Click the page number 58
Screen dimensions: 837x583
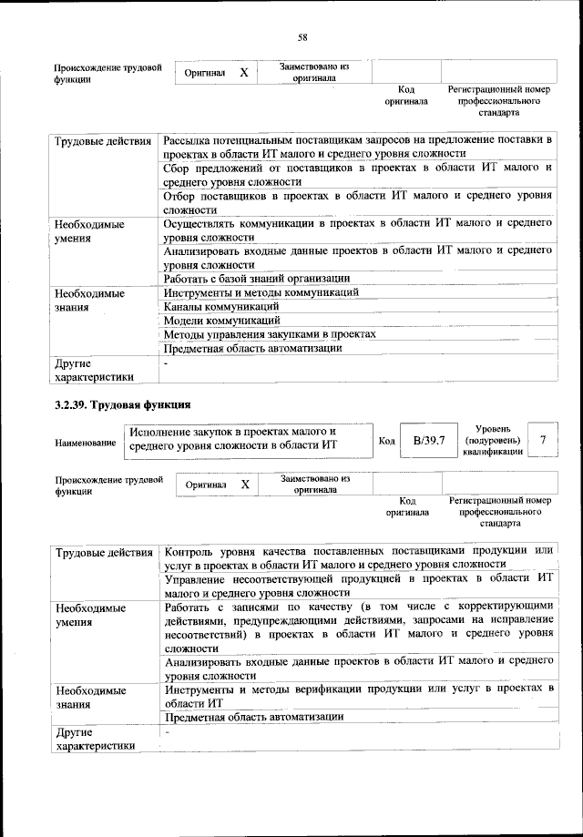tap(302, 37)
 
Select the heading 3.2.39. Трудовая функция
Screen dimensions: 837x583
tap(122, 403)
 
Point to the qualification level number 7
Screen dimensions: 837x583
tap(543, 440)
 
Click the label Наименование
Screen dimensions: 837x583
tap(85, 443)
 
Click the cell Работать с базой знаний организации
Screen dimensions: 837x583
tap(257, 278)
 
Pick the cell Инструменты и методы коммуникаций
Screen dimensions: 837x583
tap(261, 292)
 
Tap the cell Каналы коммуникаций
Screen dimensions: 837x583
tap(220, 306)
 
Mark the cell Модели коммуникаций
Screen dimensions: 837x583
tap(221, 320)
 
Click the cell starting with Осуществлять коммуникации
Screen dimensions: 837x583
tap(357, 230)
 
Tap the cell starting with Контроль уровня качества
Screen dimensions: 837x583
tap(357, 556)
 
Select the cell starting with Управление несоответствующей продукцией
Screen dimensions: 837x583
tap(357, 584)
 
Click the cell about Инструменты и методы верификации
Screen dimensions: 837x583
tap(357, 695)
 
